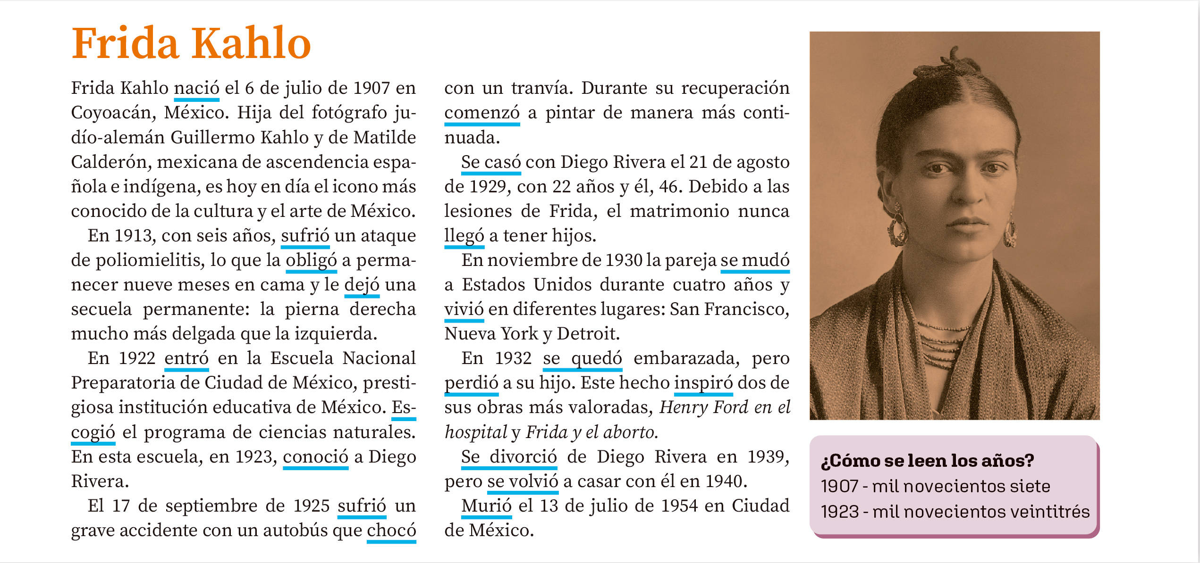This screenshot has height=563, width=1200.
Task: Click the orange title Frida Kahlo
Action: click(x=191, y=43)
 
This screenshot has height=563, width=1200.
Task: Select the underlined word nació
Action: click(x=196, y=88)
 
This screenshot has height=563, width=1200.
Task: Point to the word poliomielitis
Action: click(x=150, y=260)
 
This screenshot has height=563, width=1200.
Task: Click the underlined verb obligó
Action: click(x=311, y=260)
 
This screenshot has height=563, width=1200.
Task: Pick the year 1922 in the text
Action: click(x=137, y=358)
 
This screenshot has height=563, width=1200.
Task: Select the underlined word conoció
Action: click(x=315, y=457)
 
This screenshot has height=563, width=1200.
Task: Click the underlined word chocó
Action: click(x=391, y=530)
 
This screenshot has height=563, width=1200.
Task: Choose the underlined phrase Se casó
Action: click(x=490, y=162)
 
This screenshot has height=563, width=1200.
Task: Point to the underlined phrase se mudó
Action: click(x=754, y=260)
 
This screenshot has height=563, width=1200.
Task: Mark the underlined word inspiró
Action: click(x=703, y=383)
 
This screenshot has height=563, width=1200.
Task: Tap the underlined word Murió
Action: click(x=486, y=506)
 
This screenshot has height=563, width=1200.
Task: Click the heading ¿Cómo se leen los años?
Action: click(x=927, y=461)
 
